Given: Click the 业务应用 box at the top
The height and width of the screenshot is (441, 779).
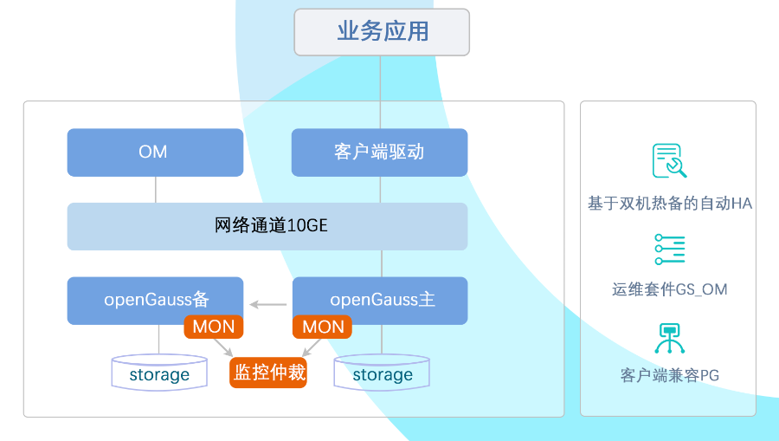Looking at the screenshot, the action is point(382,32).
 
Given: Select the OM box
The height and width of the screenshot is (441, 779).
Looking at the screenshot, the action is point(155,152).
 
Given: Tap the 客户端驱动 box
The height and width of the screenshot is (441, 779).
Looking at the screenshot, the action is point(379,152).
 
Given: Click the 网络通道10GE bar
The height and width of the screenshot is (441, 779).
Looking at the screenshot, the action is point(267,226).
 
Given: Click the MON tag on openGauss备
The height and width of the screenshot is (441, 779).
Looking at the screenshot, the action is point(214,327).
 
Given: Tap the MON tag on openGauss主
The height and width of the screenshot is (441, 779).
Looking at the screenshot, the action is point(323,327).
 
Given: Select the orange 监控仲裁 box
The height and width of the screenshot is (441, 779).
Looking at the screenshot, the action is point(268,373).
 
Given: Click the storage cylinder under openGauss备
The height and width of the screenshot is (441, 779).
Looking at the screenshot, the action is point(159,373).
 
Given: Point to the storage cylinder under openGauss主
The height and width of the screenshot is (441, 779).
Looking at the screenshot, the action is point(382,373).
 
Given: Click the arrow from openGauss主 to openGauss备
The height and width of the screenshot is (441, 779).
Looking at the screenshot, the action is point(268,304).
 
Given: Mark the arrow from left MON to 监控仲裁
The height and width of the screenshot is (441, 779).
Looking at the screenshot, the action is point(223,347).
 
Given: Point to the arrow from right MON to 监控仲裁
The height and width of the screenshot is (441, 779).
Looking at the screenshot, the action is point(312,347).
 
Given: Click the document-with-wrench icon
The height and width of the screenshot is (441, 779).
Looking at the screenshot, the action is point(669,160).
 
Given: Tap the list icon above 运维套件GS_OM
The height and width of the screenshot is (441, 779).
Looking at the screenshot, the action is point(670,250).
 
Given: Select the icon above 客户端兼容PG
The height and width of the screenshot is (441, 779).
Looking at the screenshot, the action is point(670,338).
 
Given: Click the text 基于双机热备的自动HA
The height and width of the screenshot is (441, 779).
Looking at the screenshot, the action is point(670,204).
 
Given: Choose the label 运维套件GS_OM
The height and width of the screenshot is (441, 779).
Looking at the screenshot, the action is point(670,289).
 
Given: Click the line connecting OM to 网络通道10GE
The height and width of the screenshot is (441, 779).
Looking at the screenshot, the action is point(156,190).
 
